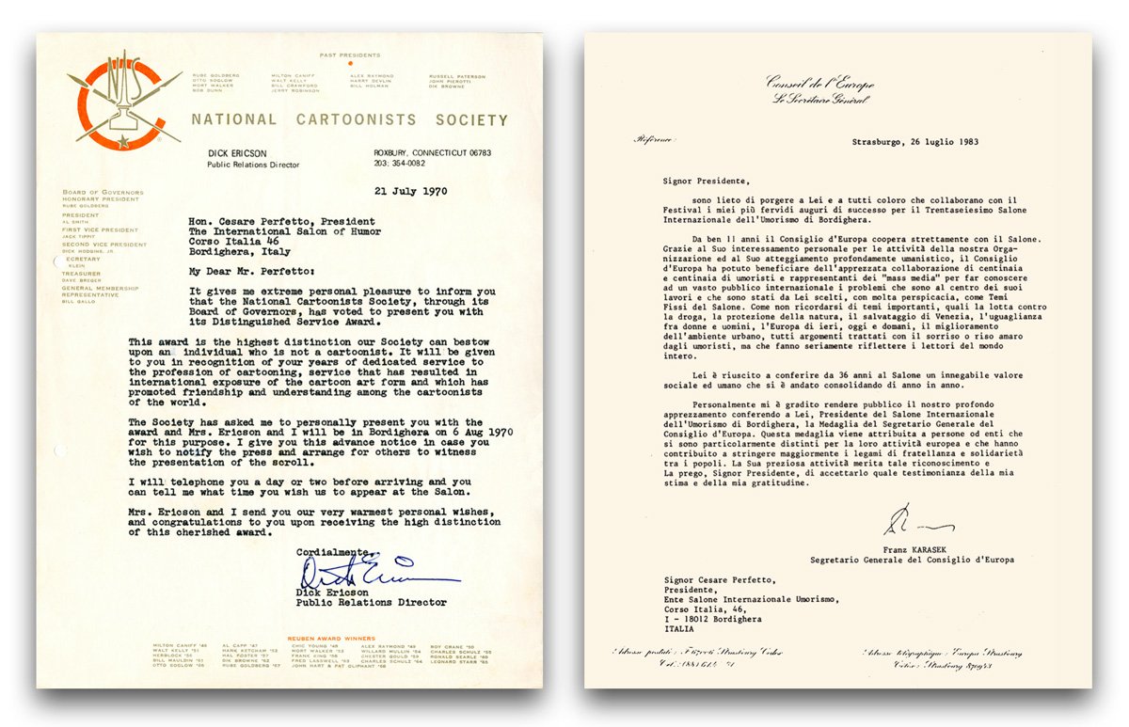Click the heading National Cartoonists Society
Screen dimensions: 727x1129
pyautogui.click(x=349, y=120)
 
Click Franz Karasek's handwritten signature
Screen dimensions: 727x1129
pyautogui.click(x=916, y=522)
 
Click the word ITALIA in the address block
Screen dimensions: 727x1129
pyautogui.click(x=679, y=629)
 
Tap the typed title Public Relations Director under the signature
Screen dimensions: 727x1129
pyautogui.click(x=372, y=602)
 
